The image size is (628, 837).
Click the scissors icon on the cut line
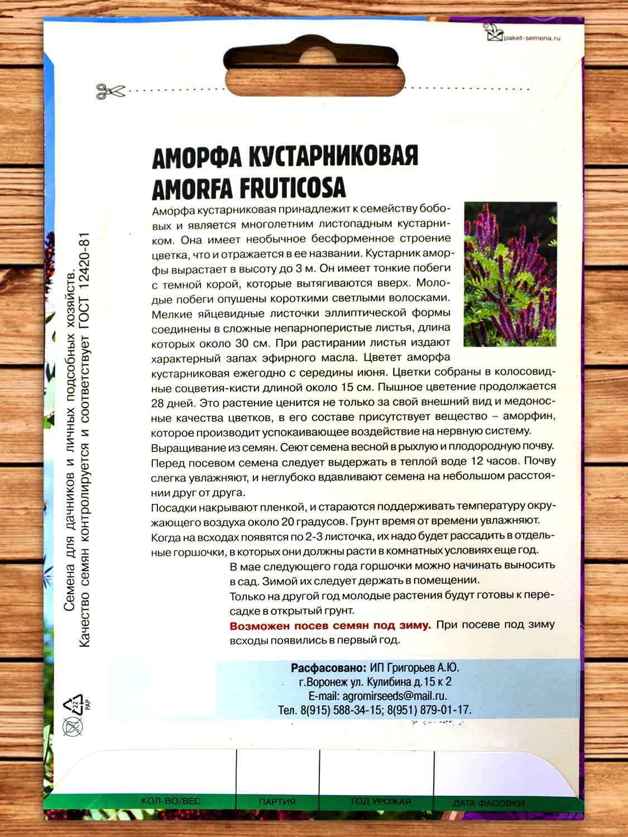coord(111,91)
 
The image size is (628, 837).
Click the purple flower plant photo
coord(510,274)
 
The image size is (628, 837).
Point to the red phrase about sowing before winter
coord(330,625)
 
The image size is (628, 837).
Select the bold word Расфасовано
coord(328,668)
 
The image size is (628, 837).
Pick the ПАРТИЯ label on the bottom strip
coord(277,802)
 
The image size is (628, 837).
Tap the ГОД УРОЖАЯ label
coord(381,801)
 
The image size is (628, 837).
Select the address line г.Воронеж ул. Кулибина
coord(375,682)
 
